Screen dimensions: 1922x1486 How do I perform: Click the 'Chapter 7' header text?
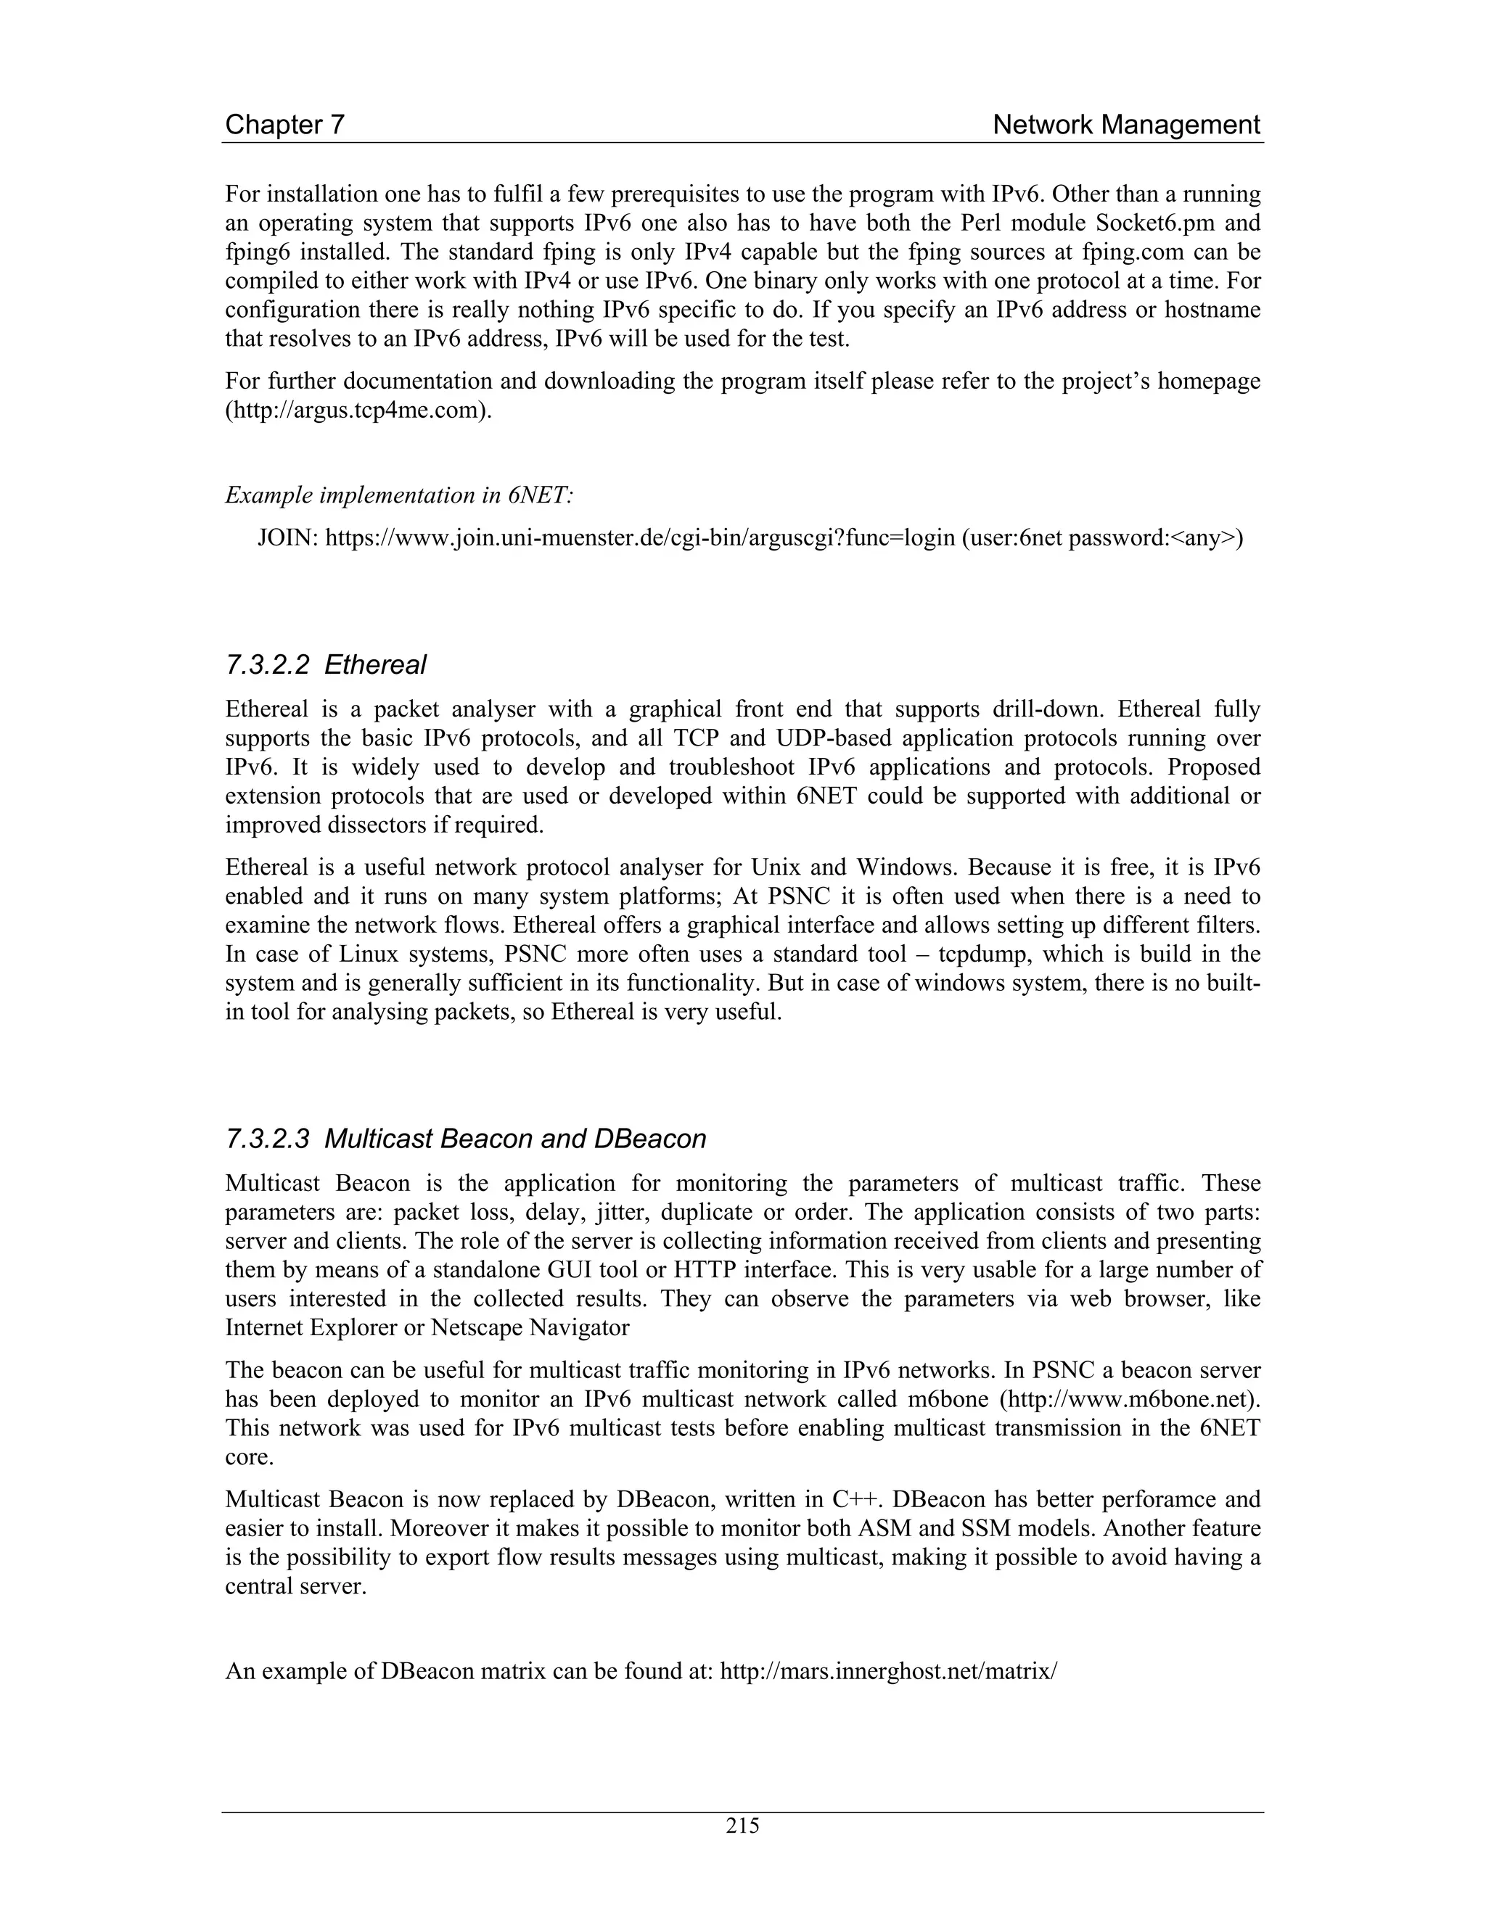tap(284, 125)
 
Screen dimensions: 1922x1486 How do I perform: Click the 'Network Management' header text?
tap(1126, 125)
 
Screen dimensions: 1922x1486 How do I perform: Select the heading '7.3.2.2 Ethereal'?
tap(326, 664)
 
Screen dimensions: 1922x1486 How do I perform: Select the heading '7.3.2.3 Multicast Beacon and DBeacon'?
tap(466, 1139)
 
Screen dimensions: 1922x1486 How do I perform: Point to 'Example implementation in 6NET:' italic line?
tap(399, 495)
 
